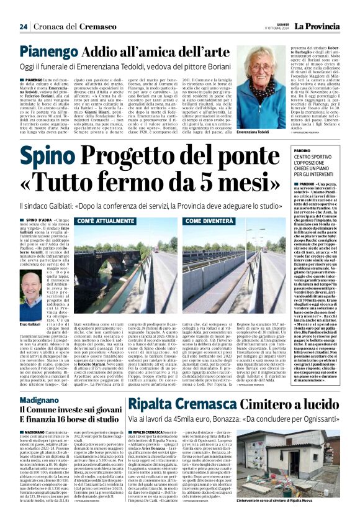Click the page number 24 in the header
pos(23,26)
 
